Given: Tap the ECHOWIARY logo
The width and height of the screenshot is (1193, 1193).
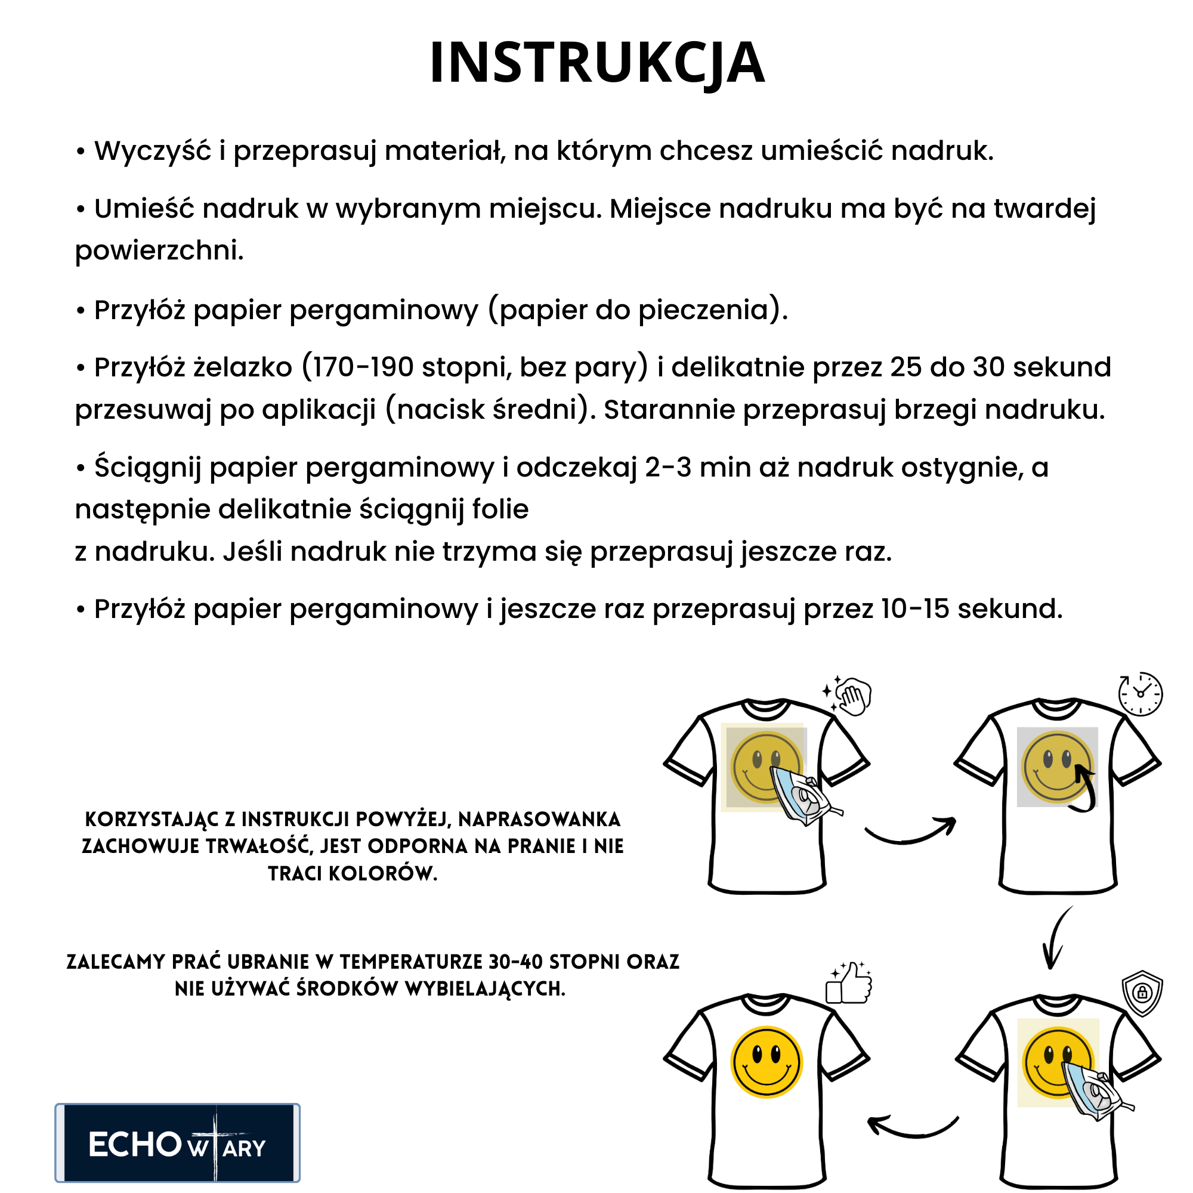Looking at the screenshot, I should tap(177, 1143).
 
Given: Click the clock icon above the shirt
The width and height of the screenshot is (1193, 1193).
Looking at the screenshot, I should tap(1140, 694).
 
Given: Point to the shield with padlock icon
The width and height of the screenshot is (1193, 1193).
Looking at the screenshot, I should tap(1142, 993).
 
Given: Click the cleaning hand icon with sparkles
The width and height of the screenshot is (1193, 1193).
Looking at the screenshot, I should tap(849, 696).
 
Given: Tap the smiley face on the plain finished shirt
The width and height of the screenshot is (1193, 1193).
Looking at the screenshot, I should tap(767, 1062).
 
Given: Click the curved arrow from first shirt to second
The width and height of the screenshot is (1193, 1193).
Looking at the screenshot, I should tap(910, 831).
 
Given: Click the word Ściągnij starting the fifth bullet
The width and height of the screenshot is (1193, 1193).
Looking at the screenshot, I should tap(147, 468).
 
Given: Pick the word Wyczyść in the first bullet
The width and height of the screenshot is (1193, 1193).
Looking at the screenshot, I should tap(153, 152).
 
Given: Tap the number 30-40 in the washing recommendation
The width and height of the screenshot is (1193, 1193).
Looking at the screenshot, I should tap(515, 962).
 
